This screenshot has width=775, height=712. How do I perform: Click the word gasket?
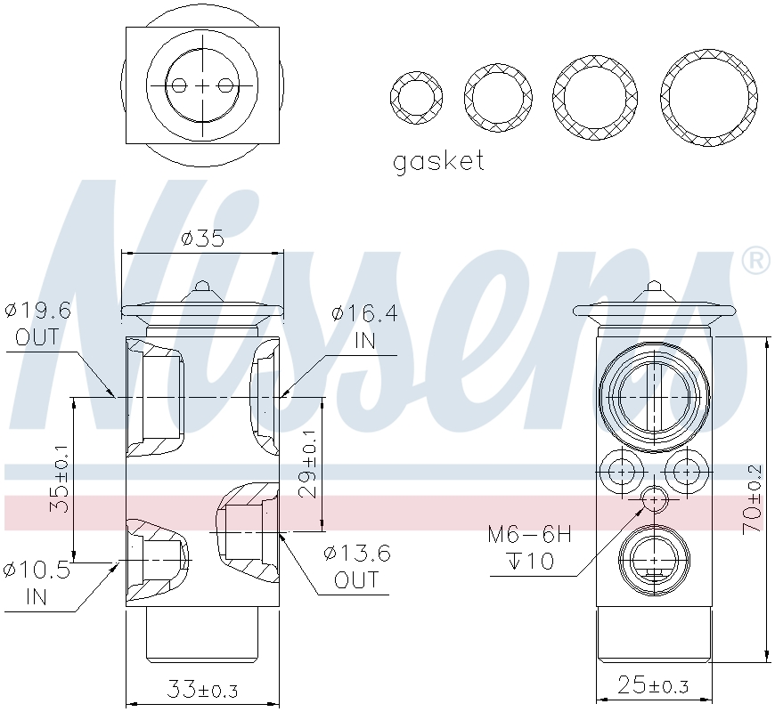click(x=438, y=161)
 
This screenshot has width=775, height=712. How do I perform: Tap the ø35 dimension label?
click(x=202, y=239)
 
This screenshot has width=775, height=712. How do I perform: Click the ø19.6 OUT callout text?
click(x=38, y=324)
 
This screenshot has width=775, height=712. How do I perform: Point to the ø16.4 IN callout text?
click(x=364, y=327)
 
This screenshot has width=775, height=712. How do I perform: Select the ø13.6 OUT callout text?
click(x=357, y=566)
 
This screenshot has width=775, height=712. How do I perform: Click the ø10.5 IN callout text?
click(x=37, y=583)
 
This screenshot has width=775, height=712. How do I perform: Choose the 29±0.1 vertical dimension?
click(x=308, y=464)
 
